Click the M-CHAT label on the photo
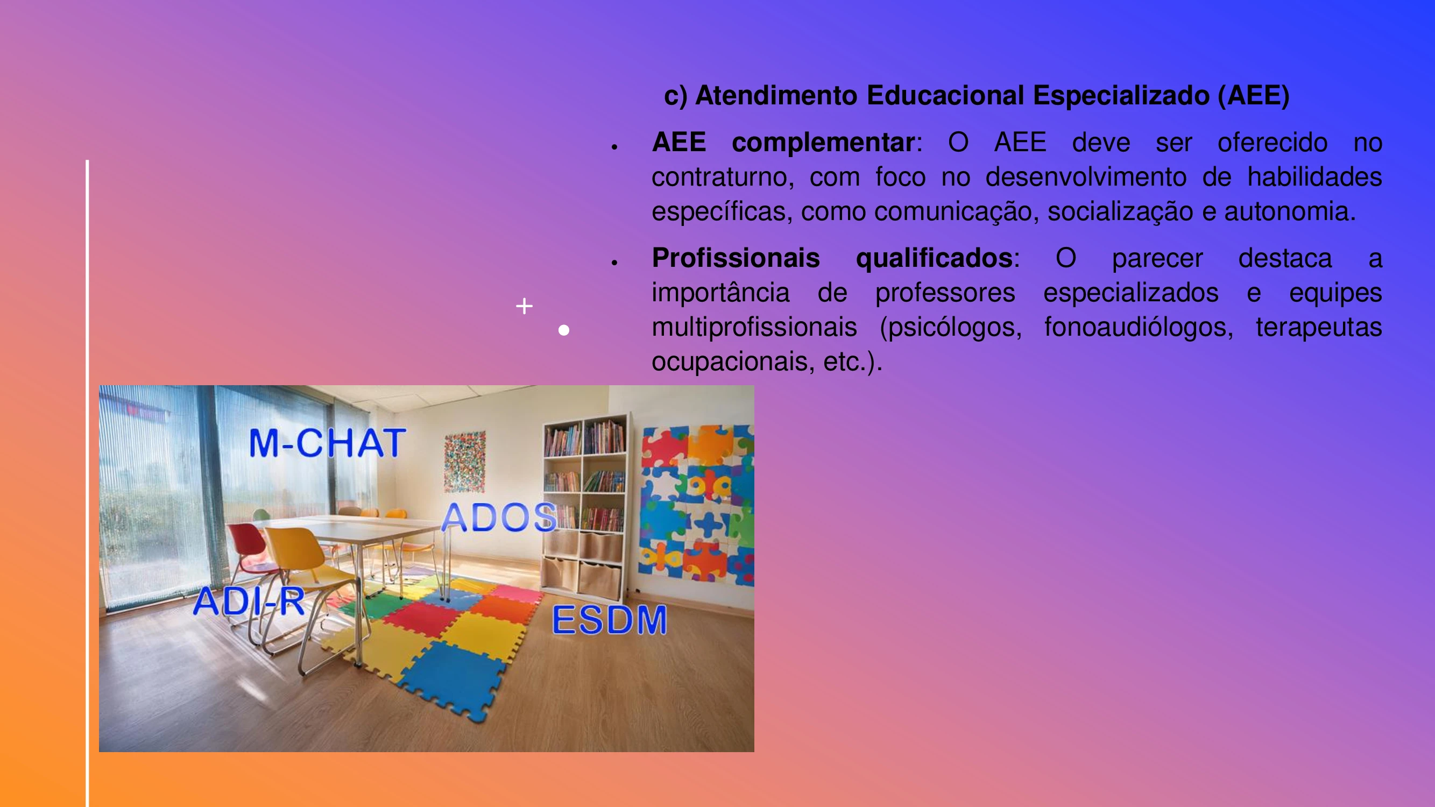(x=328, y=443)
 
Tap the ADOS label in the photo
(x=499, y=518)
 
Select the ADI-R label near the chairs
(x=249, y=601)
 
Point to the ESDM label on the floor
(x=610, y=620)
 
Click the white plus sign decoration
(x=524, y=306)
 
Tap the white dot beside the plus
(x=564, y=330)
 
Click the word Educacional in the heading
(x=945, y=95)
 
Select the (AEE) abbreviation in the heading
(x=1253, y=96)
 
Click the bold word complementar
(x=823, y=143)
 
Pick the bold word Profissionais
(x=736, y=258)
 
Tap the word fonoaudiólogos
(x=1139, y=328)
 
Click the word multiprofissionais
(x=754, y=327)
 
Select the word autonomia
(x=1290, y=211)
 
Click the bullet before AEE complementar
(x=614, y=147)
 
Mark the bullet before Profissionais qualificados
(x=614, y=263)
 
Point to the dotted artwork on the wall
(x=464, y=462)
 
